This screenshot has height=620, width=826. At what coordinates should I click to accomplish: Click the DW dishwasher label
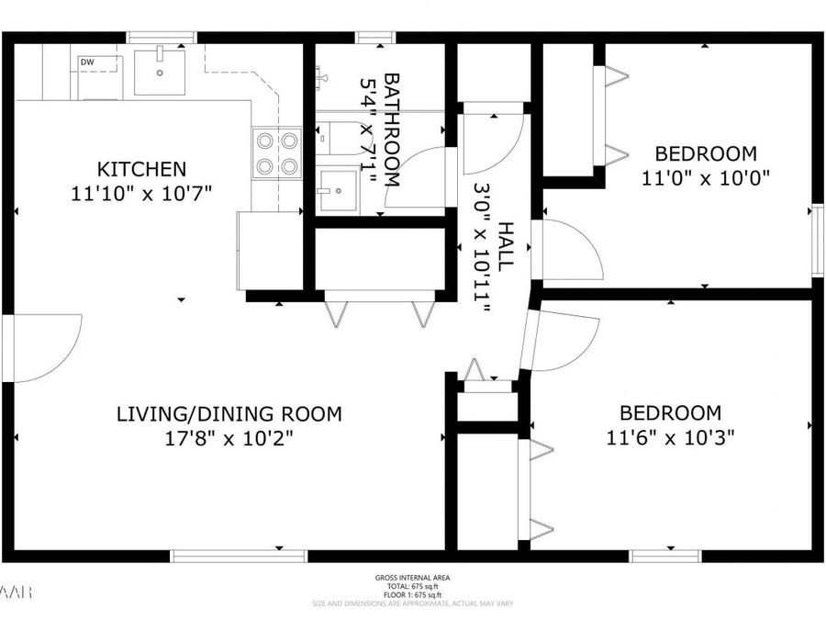[87, 62]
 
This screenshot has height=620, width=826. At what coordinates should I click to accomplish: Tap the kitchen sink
[160, 72]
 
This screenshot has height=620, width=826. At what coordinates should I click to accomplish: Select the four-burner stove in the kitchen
[277, 152]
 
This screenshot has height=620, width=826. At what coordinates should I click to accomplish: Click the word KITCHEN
[142, 169]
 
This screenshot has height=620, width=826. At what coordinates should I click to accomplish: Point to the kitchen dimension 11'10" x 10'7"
[141, 194]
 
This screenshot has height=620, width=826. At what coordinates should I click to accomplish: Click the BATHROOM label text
[392, 129]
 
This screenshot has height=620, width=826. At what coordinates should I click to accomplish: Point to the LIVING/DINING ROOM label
[229, 413]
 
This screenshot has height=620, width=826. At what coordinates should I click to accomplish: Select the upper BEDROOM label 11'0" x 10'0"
[705, 153]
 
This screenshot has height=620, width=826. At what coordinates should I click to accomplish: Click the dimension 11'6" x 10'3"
[670, 438]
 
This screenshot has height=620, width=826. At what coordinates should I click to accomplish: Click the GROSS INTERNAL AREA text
[412, 578]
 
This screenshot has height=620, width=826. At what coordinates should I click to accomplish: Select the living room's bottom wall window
[227, 556]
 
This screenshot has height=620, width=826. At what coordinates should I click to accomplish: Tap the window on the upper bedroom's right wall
[817, 240]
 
